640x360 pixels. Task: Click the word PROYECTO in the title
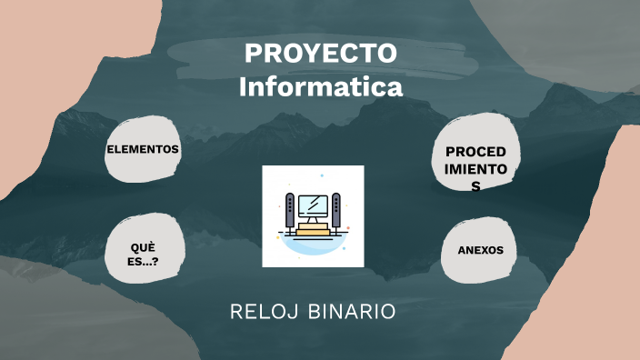320,54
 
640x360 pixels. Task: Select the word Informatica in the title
320,88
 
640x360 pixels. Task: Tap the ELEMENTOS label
143,149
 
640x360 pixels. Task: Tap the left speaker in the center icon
290,211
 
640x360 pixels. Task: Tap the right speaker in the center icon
336,211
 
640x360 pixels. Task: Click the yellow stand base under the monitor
313,231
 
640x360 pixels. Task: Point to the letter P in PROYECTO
252,54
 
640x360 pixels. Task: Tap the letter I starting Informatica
243,88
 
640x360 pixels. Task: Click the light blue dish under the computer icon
313,245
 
